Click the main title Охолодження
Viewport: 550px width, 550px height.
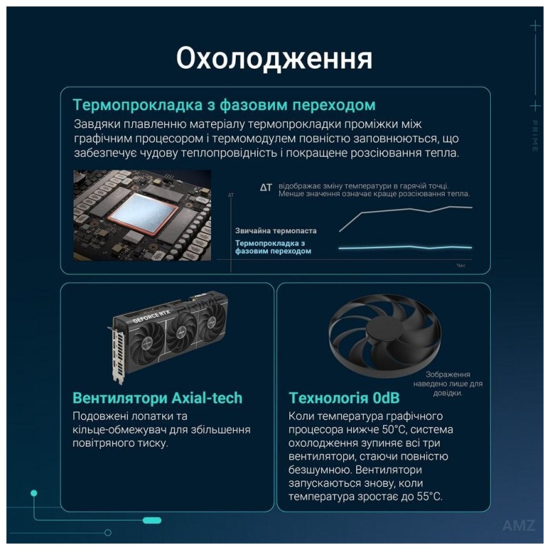[274, 58]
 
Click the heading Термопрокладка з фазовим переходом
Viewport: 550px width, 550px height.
[224, 105]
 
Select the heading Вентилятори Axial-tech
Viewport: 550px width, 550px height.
[157, 398]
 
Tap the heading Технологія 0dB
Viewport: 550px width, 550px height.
[344, 398]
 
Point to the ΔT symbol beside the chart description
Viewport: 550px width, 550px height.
[266, 187]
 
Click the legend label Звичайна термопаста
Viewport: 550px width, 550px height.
[276, 231]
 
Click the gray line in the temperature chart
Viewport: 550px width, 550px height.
[406, 212]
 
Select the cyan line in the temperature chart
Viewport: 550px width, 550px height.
[406, 247]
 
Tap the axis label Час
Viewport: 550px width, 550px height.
[461, 265]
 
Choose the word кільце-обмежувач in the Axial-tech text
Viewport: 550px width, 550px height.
[113, 430]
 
